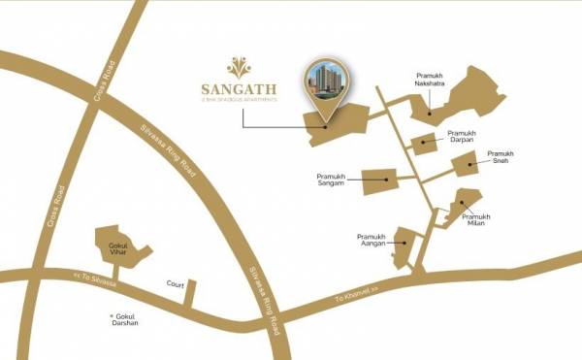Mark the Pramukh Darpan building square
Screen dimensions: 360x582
pyautogui.click(x=423, y=146)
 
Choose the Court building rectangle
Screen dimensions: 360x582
pyautogui.click(x=191, y=292)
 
